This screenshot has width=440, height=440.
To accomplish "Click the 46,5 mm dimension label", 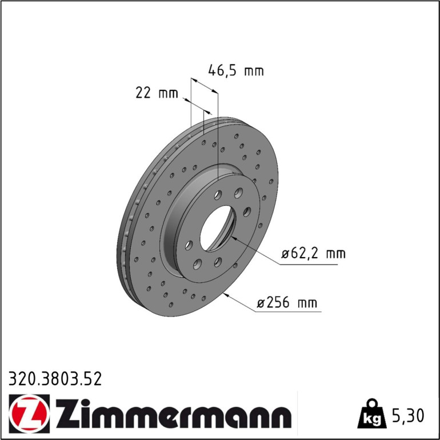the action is tap(235, 70).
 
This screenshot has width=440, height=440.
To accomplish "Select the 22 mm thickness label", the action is tap(157, 93).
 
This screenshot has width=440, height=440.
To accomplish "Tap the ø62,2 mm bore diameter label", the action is tap(314, 254).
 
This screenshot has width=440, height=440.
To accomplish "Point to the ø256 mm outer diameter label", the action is tap(287, 302).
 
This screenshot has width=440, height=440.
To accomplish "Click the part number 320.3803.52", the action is tap(55, 378).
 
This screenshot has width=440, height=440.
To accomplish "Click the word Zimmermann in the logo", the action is tap(174, 413).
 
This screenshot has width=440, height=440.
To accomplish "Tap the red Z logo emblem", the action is tap(29, 413).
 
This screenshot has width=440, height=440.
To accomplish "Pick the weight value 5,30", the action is tap(407, 415).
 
